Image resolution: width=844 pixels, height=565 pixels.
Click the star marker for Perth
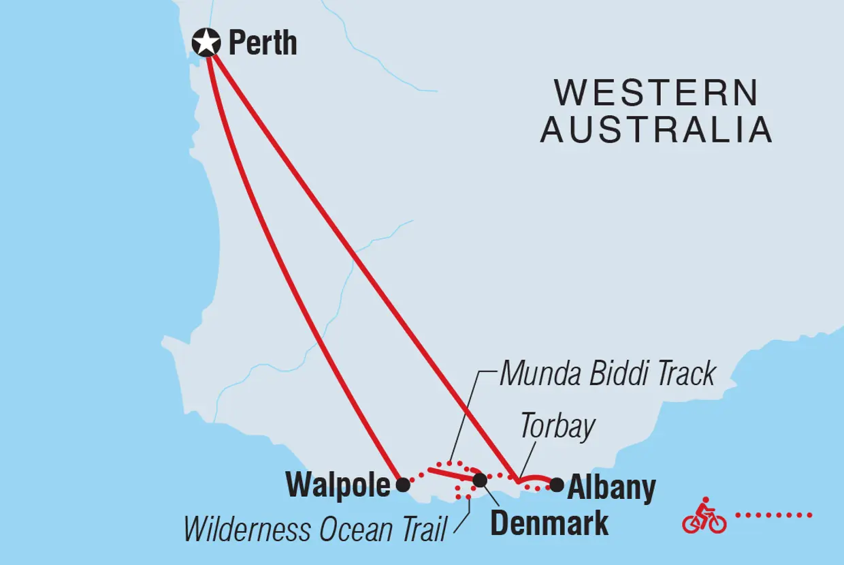tap(206, 43)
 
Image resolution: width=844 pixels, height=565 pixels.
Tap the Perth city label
tap(263, 44)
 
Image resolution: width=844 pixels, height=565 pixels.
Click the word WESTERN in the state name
tap(656, 93)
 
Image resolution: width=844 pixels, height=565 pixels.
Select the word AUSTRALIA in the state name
tap(656, 129)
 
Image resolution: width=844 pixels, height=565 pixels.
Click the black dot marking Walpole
tap(403, 485)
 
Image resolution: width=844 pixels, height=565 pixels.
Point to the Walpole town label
tap(338, 485)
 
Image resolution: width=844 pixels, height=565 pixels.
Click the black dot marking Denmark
tap(480, 480)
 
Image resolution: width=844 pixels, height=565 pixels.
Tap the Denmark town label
tap(549, 523)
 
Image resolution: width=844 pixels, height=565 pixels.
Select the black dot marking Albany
tap(557, 485)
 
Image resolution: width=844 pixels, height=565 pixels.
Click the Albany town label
tap(611, 488)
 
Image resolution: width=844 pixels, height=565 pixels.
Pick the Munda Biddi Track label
tap(607, 374)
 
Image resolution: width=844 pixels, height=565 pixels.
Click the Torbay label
tap(557, 427)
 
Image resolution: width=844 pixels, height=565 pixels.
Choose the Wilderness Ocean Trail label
tap(314, 530)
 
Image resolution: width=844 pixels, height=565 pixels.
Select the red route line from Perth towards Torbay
tap(361, 266)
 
